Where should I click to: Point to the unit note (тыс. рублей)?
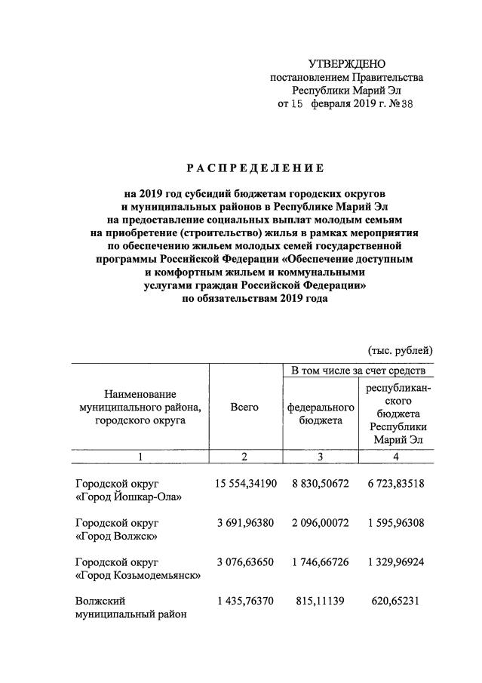point(400,350)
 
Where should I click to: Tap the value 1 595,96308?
point(397,522)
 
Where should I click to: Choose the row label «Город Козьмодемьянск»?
point(138,576)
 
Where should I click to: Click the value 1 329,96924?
point(397,562)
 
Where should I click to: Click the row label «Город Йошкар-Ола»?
point(130,496)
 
